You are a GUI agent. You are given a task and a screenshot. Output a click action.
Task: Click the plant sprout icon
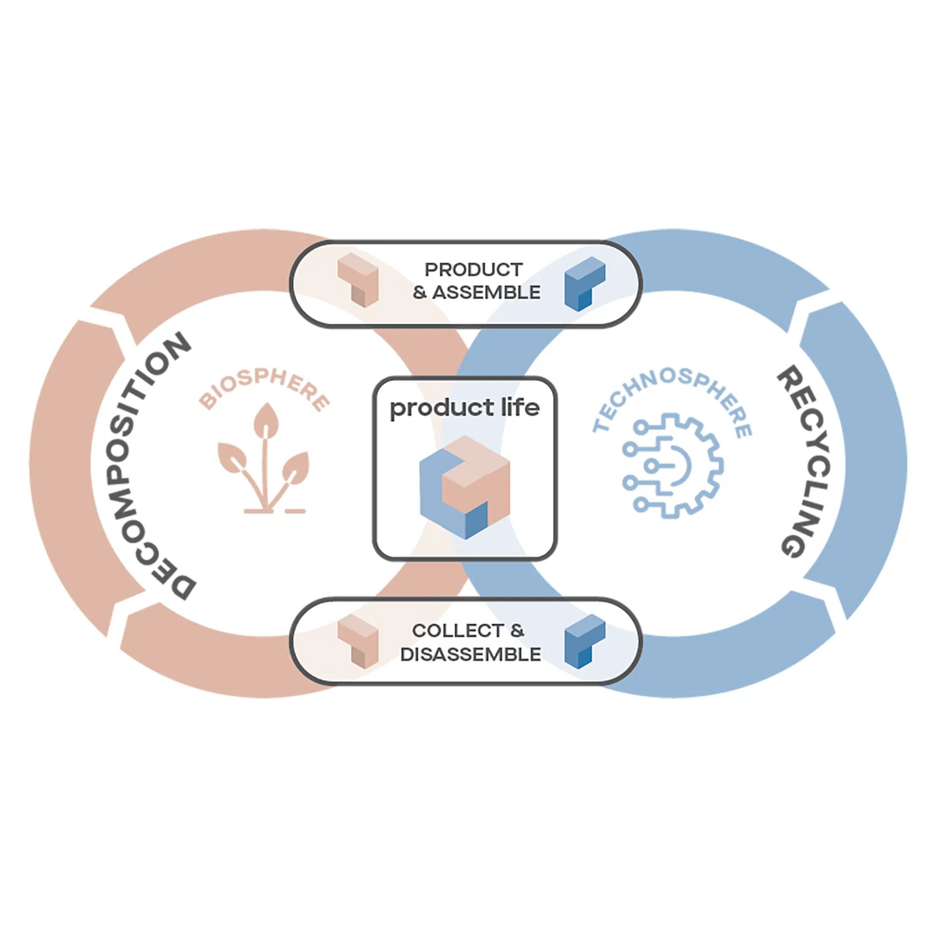click(264, 460)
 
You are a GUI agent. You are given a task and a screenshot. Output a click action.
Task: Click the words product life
click(465, 408)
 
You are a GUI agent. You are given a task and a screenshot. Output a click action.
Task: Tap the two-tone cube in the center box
click(465, 486)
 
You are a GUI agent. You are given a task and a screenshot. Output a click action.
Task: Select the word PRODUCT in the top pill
click(473, 270)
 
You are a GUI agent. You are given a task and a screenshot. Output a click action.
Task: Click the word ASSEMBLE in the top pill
click(486, 292)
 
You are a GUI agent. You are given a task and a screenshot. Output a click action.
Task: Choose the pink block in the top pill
click(358, 279)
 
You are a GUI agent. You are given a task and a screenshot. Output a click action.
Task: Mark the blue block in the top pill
click(584, 283)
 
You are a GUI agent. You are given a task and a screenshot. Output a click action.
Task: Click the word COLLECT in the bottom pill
click(457, 631)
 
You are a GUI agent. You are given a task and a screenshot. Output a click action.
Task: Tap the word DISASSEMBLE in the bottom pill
click(470, 654)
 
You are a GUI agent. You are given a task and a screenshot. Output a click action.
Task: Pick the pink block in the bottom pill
click(358, 641)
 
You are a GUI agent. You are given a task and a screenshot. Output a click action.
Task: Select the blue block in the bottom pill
click(584, 641)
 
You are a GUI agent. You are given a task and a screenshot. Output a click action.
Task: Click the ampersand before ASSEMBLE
click(420, 292)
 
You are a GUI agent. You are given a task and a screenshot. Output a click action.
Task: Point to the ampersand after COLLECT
click(517, 631)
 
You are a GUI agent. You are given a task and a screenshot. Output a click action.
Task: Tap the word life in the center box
click(520, 407)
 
